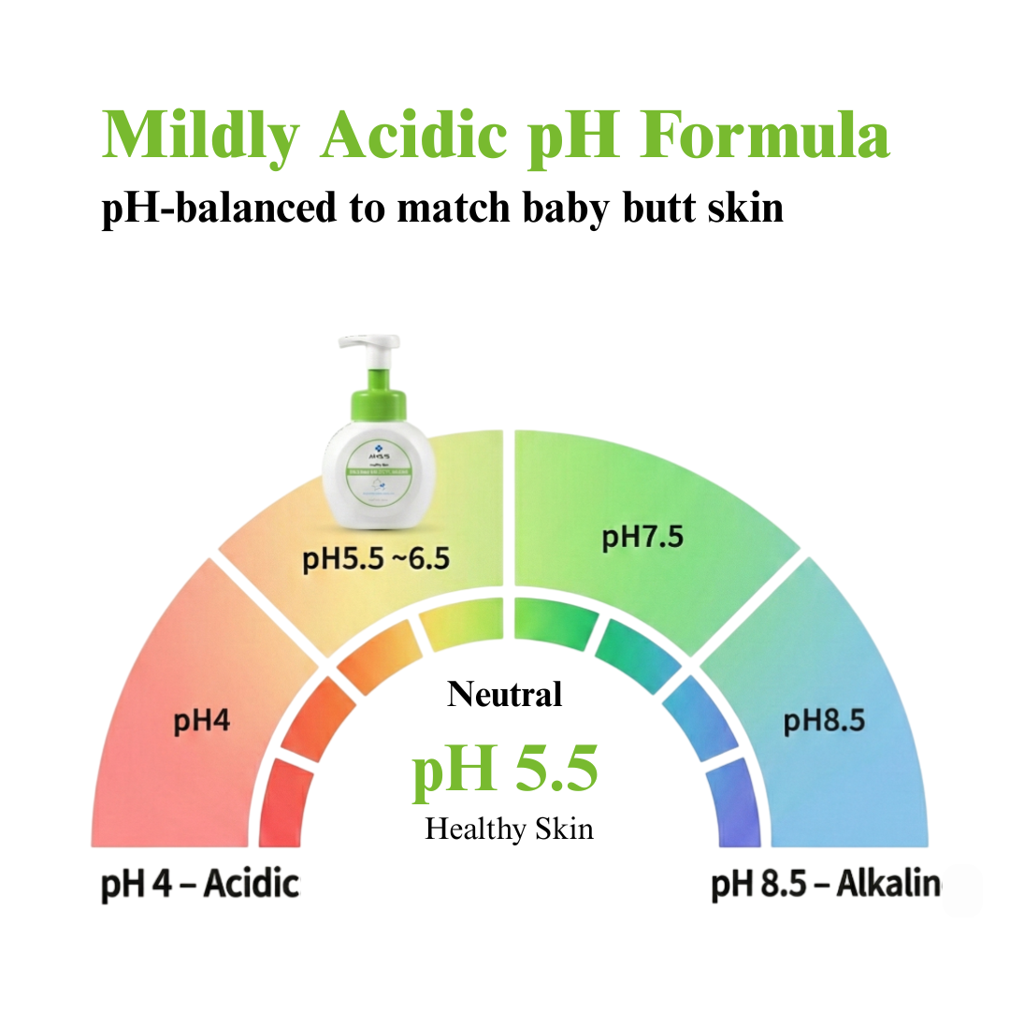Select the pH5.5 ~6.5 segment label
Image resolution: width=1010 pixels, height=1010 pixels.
tap(376, 559)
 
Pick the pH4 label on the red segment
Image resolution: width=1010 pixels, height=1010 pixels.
tap(201, 722)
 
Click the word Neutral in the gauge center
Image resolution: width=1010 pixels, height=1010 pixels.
tap(505, 694)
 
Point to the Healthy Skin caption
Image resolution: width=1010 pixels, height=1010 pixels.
tap(509, 829)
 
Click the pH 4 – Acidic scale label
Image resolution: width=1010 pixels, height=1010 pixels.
tap(199, 884)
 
